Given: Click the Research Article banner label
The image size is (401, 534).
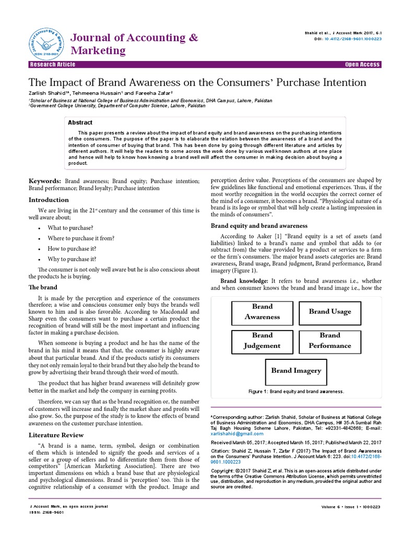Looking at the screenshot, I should (53, 65).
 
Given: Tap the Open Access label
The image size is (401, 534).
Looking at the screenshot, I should (362, 65).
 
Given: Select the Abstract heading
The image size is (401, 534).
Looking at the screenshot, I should (80, 123).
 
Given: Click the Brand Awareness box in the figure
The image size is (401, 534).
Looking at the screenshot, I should (262, 312).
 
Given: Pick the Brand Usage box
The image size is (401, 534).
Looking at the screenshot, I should (329, 312).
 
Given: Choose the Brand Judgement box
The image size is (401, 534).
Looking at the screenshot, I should (262, 341).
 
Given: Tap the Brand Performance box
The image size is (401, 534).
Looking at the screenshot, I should (329, 341).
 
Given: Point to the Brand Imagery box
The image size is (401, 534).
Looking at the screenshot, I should (296, 371).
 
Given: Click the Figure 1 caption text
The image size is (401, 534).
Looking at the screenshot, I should (296, 391).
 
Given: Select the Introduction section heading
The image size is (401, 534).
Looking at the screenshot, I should (49, 200).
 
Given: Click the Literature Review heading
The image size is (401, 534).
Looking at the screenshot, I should (56, 434).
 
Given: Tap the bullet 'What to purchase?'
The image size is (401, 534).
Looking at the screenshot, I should (70, 228).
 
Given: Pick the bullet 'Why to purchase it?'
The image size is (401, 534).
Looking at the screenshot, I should (72, 259).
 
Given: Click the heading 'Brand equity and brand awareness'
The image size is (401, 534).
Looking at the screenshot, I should (258, 226).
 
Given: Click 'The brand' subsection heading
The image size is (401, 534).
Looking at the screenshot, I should (43, 287).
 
